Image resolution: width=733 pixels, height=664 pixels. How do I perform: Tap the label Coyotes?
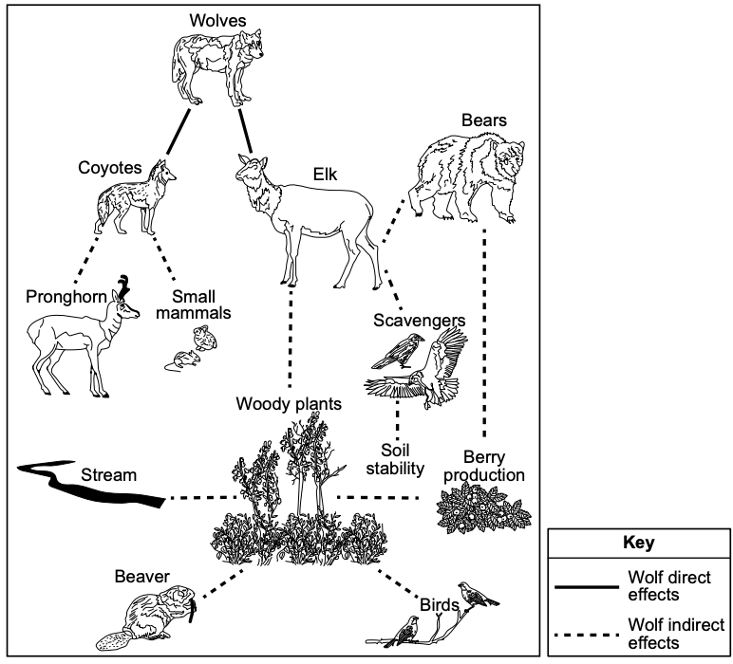coord(110,168)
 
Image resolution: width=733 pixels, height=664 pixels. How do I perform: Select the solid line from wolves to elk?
coord(245,131)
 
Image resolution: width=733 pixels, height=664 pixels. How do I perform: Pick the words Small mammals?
coord(194,304)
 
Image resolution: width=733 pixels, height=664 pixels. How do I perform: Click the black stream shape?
coord(91,487)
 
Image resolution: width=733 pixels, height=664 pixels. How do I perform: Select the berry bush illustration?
coord(483,508)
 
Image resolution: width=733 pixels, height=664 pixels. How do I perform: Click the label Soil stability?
coord(395,459)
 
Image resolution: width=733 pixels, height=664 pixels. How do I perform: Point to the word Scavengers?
coord(420,321)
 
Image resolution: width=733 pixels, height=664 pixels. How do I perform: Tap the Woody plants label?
coord(289,403)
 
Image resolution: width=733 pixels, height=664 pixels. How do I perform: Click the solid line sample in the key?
coord(587,586)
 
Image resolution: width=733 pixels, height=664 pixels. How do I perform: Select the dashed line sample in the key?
coord(587,635)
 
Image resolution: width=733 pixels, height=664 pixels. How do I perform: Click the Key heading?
coord(639,543)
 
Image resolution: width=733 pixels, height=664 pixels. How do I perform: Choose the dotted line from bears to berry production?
coord(484,333)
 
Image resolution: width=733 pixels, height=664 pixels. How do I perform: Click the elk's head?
coord(252,171)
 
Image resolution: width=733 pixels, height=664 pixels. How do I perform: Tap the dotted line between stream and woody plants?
coord(204,498)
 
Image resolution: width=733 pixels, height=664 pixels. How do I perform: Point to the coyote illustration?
coord(135,198)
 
